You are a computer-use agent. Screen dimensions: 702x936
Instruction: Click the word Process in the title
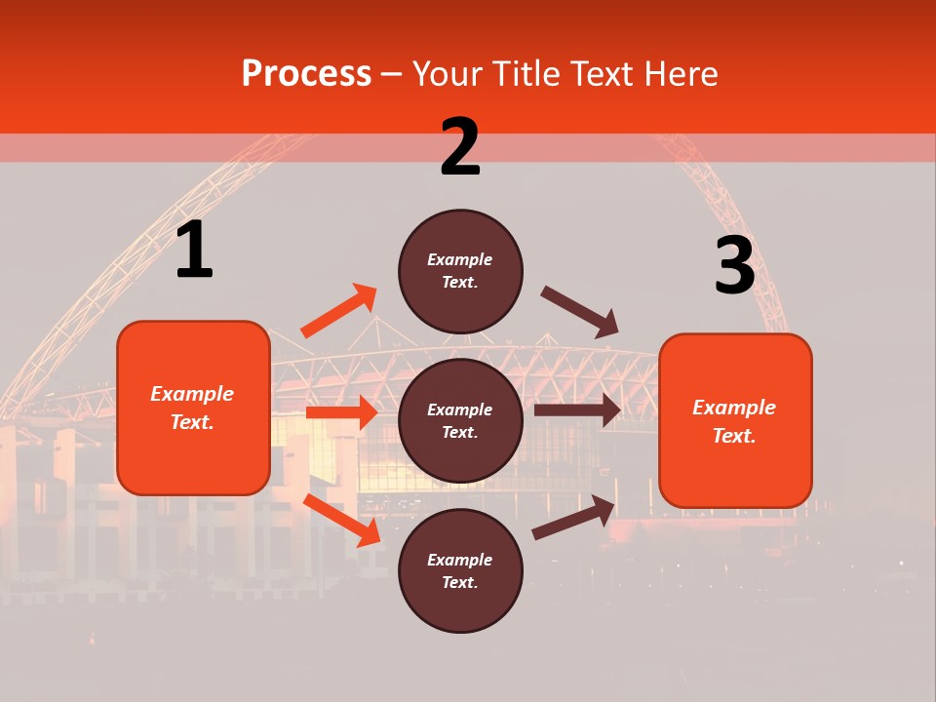tap(306, 73)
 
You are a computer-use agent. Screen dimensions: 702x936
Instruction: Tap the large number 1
tap(194, 251)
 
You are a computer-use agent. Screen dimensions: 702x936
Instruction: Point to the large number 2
tap(460, 147)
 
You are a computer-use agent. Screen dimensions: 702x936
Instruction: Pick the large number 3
tap(734, 265)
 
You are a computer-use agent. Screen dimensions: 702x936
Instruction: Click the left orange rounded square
tap(193, 408)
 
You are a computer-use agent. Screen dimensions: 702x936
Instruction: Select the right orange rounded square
tap(735, 421)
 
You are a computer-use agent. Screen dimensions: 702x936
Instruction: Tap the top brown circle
tap(460, 270)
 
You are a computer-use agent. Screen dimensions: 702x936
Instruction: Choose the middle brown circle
tap(460, 420)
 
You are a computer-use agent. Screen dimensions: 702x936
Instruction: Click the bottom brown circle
tap(460, 570)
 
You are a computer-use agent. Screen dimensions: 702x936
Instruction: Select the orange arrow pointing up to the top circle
tap(339, 311)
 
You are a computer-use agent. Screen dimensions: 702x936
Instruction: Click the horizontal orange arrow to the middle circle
tap(341, 412)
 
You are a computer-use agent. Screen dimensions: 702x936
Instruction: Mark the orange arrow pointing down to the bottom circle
tap(342, 520)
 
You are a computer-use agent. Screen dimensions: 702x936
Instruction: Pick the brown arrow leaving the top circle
tap(580, 312)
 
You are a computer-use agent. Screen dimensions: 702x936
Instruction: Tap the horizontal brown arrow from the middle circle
tap(577, 409)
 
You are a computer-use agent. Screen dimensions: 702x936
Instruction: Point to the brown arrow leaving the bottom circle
tap(574, 518)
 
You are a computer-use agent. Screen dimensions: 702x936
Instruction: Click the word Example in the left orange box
tap(192, 394)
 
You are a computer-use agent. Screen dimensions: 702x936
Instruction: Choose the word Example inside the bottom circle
tap(460, 560)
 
